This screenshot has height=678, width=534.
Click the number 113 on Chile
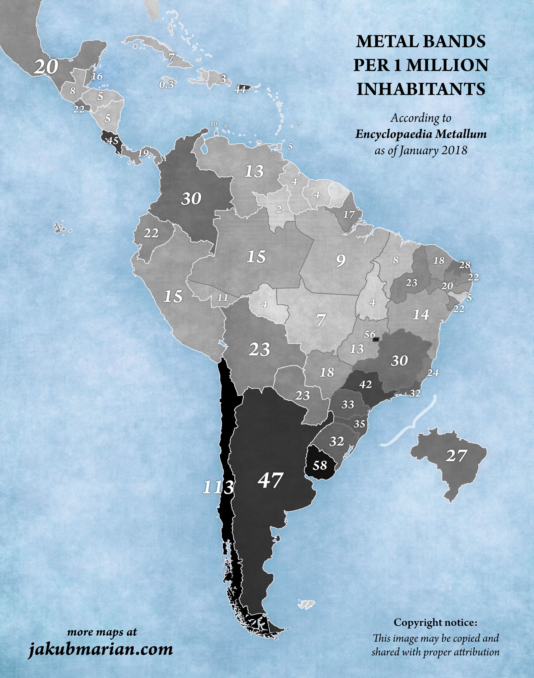[x=218, y=487]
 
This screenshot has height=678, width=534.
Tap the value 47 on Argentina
[x=270, y=480]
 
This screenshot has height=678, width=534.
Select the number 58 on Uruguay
[x=320, y=465]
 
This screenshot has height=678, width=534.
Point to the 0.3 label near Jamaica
[x=167, y=85]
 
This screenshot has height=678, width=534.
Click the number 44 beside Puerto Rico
[x=240, y=90]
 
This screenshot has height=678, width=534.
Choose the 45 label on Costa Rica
[x=113, y=141]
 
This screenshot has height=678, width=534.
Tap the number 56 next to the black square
[x=370, y=334]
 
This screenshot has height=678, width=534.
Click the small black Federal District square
[x=376, y=339]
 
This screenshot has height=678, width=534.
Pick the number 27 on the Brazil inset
[x=456, y=455]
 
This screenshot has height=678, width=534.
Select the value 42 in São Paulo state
[x=365, y=385]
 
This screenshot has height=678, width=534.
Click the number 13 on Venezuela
[x=254, y=171]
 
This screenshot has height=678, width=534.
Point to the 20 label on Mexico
[x=46, y=67]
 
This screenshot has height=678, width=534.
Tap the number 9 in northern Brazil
[x=341, y=260]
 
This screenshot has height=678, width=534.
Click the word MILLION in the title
[x=447, y=65]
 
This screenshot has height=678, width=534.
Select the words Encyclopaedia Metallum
[x=421, y=134]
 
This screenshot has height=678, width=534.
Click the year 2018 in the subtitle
[x=454, y=150]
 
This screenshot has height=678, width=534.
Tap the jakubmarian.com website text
[x=101, y=649]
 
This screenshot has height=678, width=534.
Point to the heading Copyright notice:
[x=435, y=622]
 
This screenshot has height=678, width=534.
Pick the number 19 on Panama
[x=143, y=153]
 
